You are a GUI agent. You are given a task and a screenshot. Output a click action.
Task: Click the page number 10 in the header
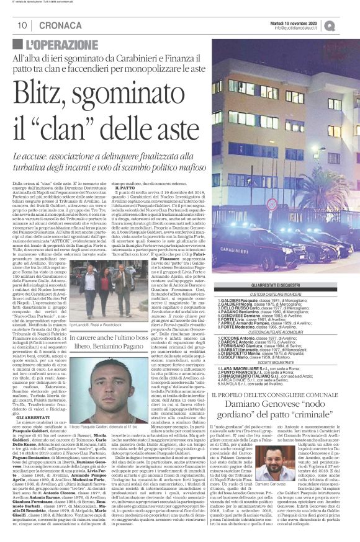(21, 25)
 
